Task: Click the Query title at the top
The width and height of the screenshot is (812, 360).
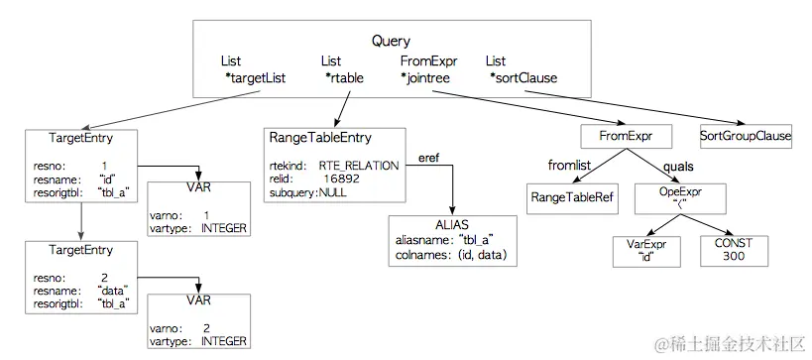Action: tap(392, 41)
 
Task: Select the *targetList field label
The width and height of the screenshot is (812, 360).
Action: tap(255, 77)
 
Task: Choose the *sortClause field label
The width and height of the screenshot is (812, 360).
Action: tap(522, 77)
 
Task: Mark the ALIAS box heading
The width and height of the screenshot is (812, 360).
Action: tap(452, 225)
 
